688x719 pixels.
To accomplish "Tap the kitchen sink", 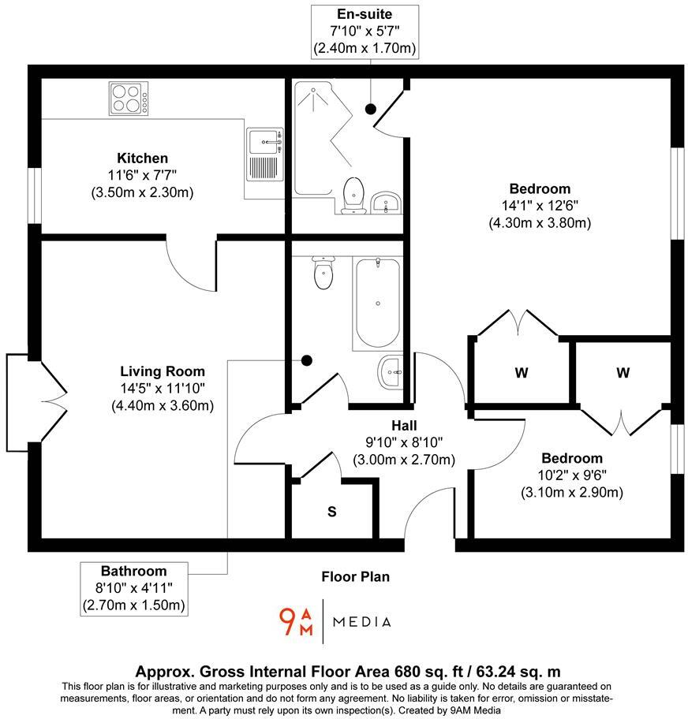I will (264, 144).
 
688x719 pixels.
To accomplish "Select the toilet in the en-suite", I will (354, 194).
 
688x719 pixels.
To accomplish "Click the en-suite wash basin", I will (387, 203).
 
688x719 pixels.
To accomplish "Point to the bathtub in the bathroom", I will (376, 303).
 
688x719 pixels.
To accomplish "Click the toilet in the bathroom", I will (323, 273).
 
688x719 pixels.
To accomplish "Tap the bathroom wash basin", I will (390, 371).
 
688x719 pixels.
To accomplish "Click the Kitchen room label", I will (142, 158).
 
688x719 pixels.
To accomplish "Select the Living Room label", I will (163, 371).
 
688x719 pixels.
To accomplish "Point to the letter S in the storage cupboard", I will (332, 512).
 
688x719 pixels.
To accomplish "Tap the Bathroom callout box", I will (133, 588).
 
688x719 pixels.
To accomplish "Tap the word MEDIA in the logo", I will (361, 622).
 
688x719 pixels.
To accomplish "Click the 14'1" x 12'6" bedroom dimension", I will (540, 206).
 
